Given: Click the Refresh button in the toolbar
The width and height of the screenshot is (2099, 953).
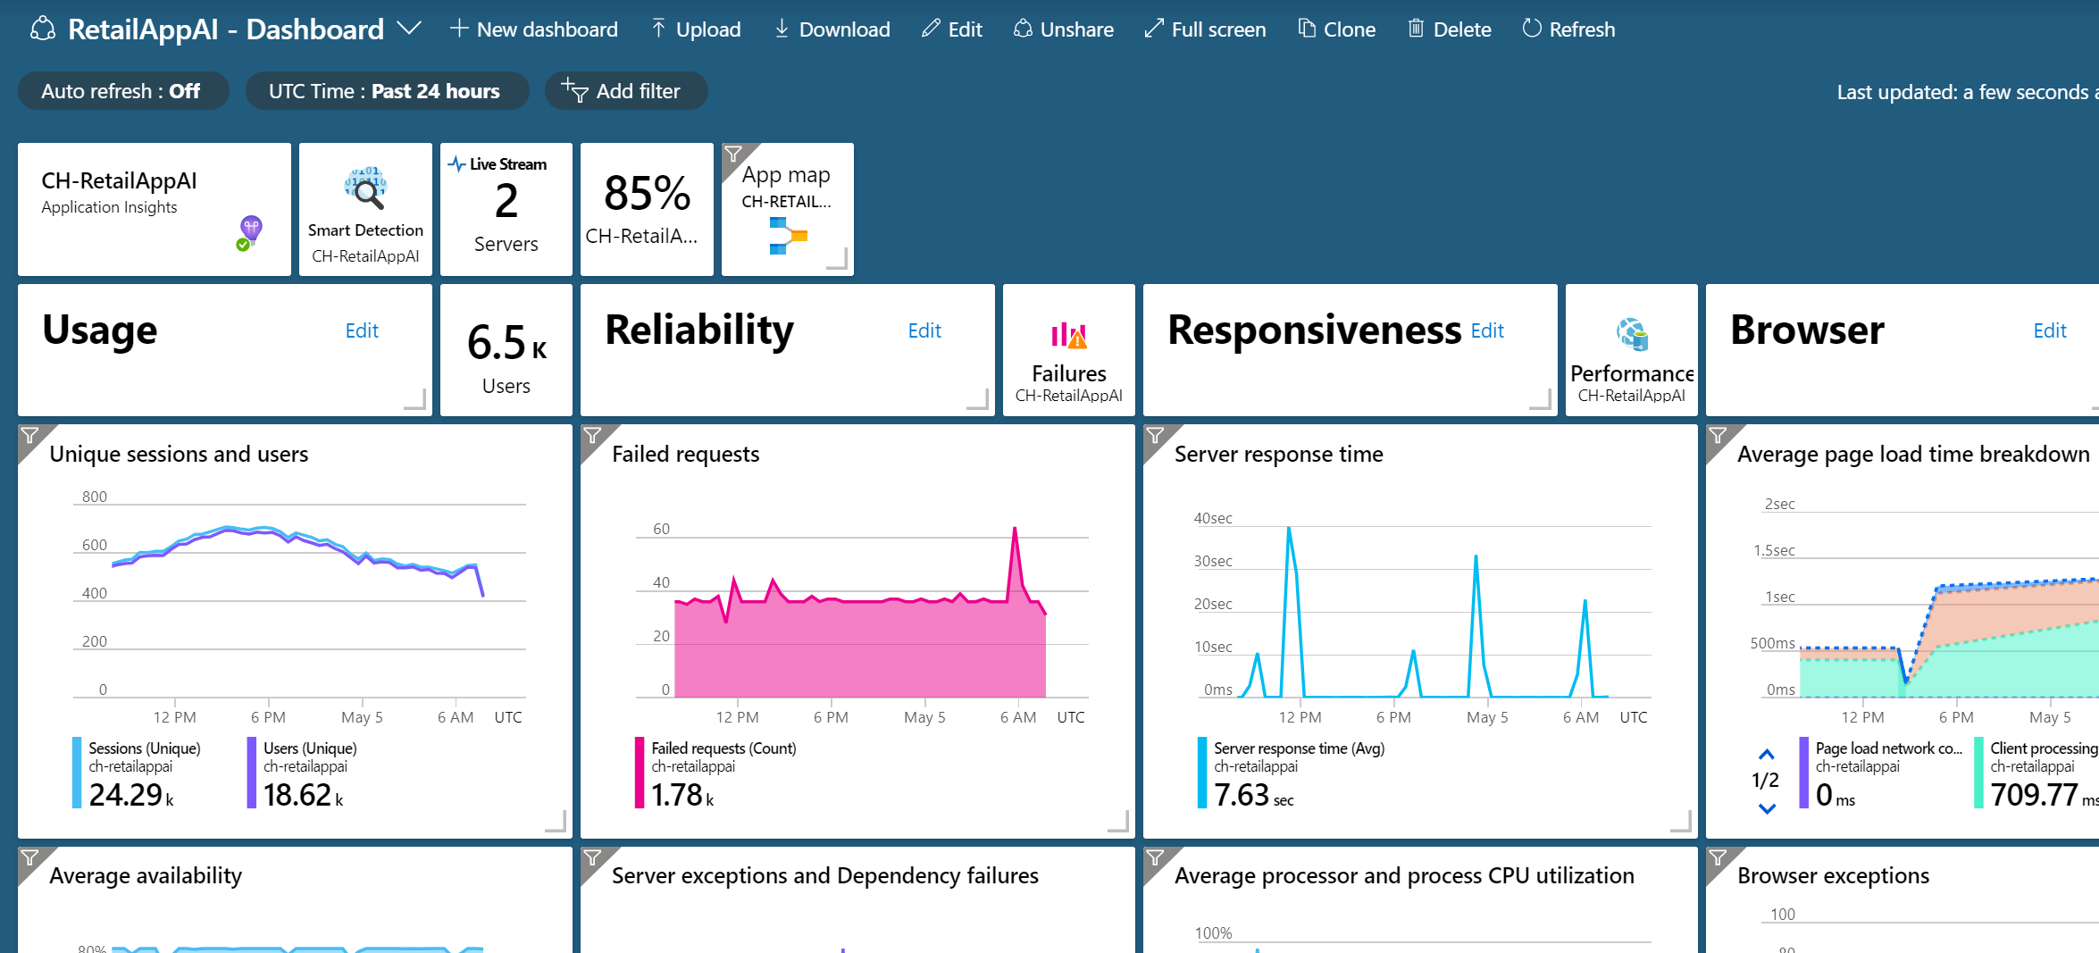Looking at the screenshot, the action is click(x=1568, y=29).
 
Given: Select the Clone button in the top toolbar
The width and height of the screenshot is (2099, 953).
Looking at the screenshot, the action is click(x=1336, y=29).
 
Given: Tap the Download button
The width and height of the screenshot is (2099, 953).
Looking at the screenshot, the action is click(x=832, y=29).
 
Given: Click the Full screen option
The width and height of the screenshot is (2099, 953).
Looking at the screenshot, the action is click(x=1205, y=29).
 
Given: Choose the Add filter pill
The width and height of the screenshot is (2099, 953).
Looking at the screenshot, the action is click(x=625, y=91).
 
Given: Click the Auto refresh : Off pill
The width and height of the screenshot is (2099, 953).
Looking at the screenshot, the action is click(x=122, y=91).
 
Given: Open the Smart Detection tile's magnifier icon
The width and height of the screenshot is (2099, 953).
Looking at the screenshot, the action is click(x=365, y=188).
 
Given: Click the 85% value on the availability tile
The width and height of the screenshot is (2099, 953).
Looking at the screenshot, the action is click(x=647, y=193).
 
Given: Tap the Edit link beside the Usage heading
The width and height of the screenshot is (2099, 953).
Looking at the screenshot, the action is click(x=362, y=330).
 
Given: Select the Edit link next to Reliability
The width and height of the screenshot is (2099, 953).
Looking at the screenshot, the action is click(x=924, y=330).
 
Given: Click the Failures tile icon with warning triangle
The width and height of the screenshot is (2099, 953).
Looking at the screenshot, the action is click(x=1069, y=335).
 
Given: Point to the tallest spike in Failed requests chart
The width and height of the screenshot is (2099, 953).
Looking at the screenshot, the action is click(x=1015, y=528).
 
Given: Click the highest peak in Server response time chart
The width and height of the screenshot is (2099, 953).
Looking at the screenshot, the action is click(x=1288, y=528).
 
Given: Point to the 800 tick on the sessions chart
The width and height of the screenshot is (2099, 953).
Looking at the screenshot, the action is click(x=95, y=497).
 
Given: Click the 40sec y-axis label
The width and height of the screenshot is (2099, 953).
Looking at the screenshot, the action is click(x=1213, y=518).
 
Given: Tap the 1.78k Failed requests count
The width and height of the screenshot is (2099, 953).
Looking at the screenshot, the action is click(x=682, y=795).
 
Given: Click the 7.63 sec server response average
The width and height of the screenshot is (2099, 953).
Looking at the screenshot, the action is click(x=1253, y=795).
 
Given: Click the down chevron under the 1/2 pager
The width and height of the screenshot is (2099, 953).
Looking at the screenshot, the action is click(x=1767, y=809).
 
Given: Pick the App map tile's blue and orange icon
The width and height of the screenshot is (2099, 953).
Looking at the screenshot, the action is click(x=788, y=236).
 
